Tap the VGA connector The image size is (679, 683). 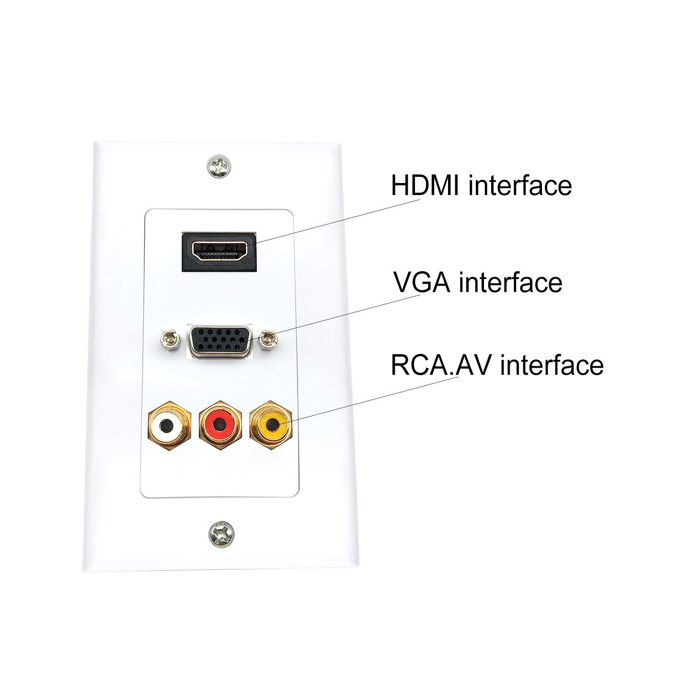(x=219, y=341)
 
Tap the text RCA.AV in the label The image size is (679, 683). (x=438, y=365)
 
